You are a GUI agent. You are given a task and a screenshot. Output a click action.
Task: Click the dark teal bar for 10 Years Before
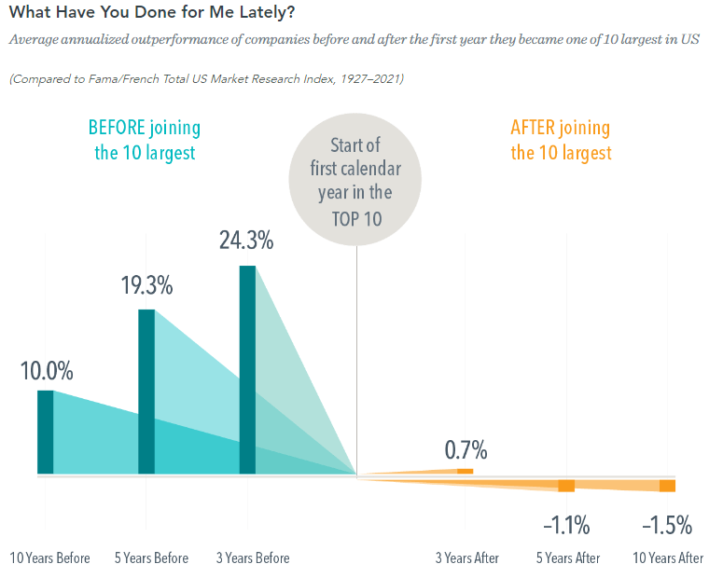click(45, 433)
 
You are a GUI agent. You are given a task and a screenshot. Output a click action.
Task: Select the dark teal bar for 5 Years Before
click(146, 392)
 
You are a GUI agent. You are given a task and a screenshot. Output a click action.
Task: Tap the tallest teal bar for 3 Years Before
click(247, 370)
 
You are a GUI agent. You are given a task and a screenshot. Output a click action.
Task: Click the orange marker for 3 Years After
click(465, 472)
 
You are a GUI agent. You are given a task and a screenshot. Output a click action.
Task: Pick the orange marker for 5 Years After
click(566, 486)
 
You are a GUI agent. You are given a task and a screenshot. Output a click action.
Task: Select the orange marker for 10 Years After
click(667, 486)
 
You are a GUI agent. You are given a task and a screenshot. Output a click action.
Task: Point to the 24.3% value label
click(246, 241)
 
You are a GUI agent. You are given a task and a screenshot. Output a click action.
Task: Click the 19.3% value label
click(146, 286)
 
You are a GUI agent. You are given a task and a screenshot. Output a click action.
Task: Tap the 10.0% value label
click(46, 370)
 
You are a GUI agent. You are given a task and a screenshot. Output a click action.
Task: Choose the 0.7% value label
click(466, 450)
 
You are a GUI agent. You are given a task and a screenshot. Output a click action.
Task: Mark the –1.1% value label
click(566, 526)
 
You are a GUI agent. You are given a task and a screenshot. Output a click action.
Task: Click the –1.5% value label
click(667, 526)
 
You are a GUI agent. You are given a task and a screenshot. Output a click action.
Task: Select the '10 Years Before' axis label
click(50, 558)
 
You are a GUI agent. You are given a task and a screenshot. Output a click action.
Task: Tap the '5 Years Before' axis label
click(151, 558)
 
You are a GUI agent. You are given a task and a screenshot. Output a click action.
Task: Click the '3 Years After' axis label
click(467, 558)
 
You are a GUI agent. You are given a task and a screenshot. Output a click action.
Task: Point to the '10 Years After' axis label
click(668, 558)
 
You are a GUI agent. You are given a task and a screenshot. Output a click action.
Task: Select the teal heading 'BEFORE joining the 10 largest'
click(145, 140)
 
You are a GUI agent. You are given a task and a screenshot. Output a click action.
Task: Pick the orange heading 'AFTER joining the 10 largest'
click(561, 140)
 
